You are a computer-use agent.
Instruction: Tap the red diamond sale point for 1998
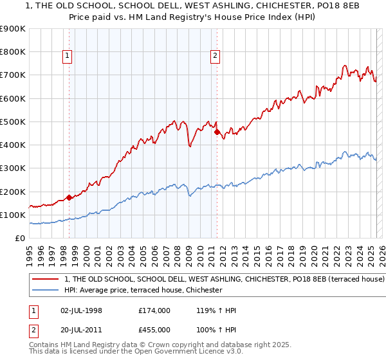coord(69,198)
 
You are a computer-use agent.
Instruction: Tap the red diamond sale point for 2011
coord(217,132)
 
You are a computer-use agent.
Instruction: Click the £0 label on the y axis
coord(20,239)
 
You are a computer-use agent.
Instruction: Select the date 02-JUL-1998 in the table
coord(78,310)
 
